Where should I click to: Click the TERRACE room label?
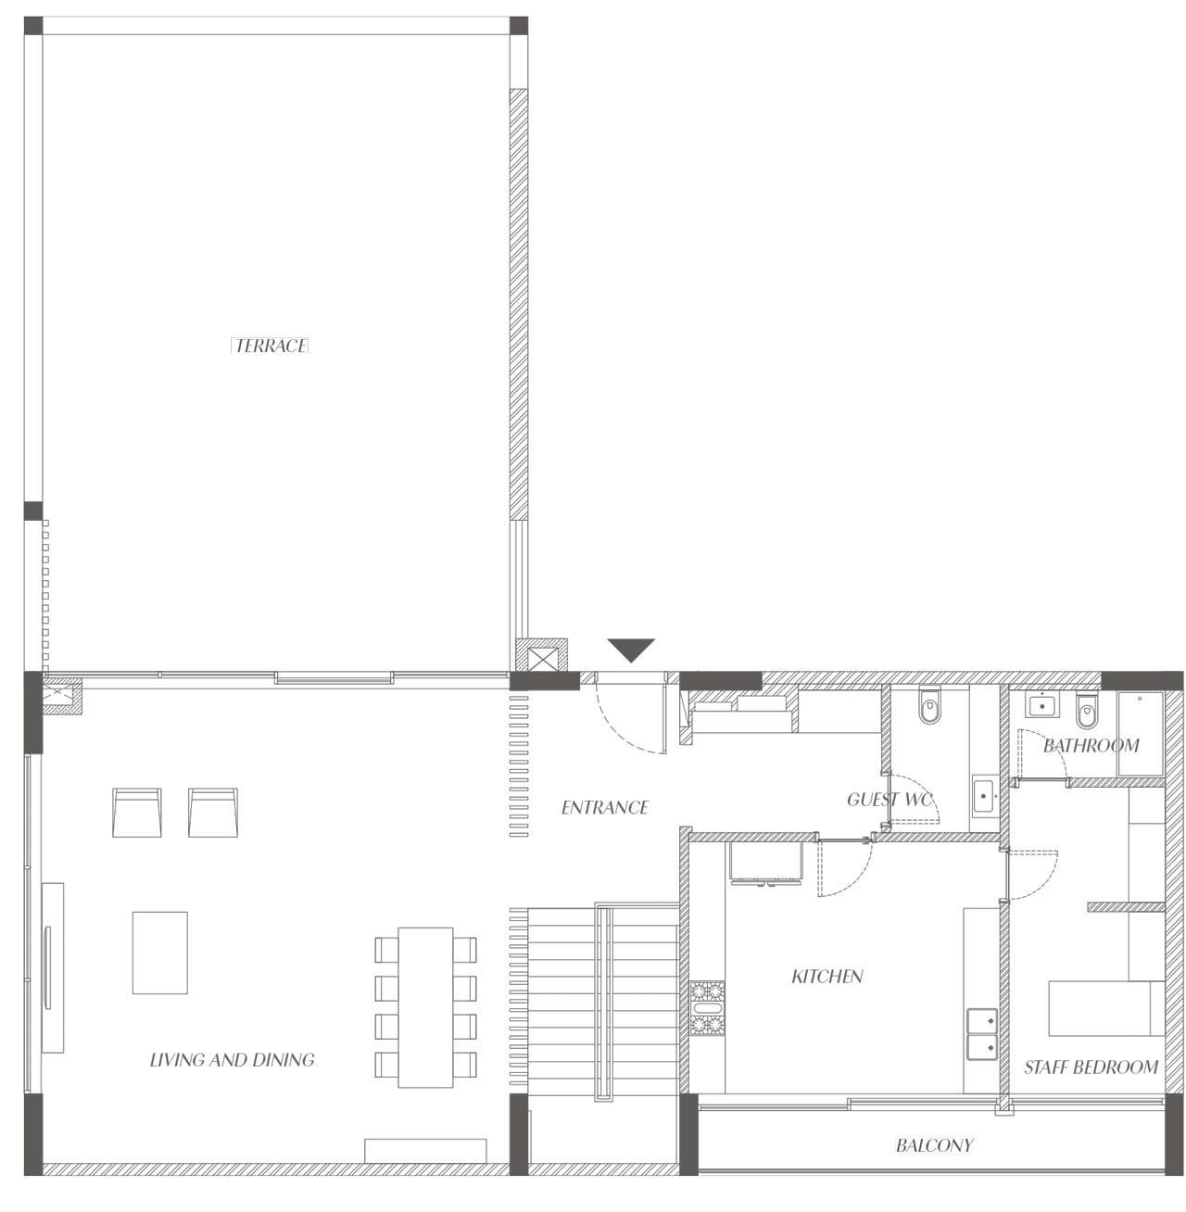(x=271, y=346)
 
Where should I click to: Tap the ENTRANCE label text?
(x=605, y=808)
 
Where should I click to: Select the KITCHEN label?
(x=827, y=977)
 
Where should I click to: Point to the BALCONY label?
(x=934, y=1145)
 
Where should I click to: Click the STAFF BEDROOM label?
(x=1091, y=1067)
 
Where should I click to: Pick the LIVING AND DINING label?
(x=233, y=1060)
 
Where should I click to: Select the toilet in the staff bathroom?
(x=1087, y=710)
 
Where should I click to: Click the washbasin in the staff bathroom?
(x=1041, y=707)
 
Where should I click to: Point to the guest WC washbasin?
(x=984, y=796)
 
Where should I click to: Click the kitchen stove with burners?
(x=707, y=1008)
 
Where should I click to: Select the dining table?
(x=425, y=1008)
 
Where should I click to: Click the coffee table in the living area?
(x=160, y=953)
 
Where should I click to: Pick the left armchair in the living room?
(x=137, y=813)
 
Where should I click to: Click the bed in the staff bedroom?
(x=1107, y=1009)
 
